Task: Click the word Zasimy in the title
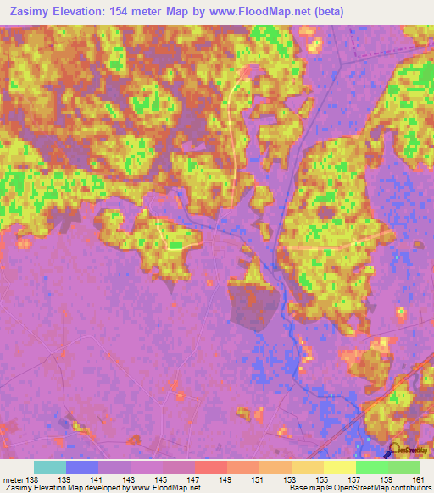point(28,12)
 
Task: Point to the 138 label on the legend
point(33,479)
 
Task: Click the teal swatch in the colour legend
point(49,467)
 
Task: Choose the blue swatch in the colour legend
point(81,467)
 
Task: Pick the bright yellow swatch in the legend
point(339,467)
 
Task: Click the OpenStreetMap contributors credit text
point(382,488)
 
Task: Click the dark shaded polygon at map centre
point(251,302)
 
